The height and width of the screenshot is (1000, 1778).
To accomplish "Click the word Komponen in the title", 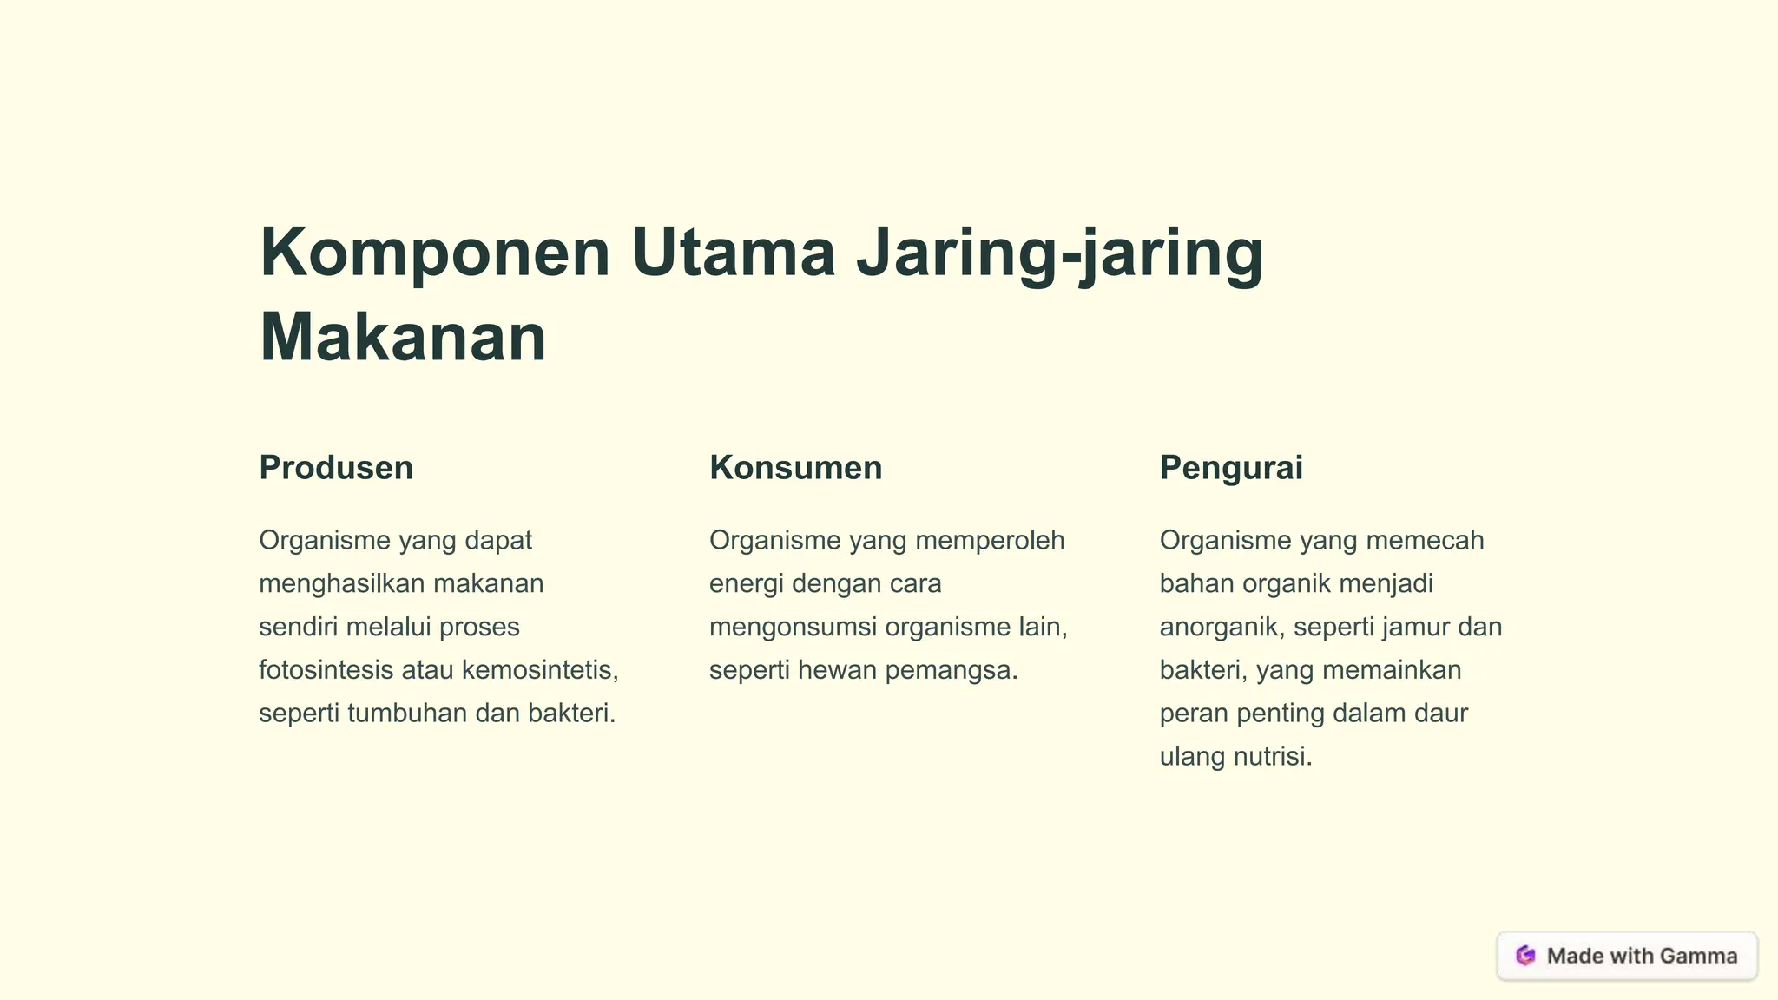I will (x=435, y=253).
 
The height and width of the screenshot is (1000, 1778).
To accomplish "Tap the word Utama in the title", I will (x=734, y=253).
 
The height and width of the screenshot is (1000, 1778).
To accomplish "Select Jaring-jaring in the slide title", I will (x=1059, y=253).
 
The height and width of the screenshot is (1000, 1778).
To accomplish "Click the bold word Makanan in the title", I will (x=403, y=338).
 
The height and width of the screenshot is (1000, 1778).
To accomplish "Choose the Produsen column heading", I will (x=336, y=468).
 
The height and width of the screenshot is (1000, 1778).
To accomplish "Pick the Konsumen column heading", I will (x=795, y=468).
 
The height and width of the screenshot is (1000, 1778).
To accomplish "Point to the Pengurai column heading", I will (x=1231, y=468).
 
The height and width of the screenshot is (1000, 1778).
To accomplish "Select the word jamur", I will (x=1413, y=627).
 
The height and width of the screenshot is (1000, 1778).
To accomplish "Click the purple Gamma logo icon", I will (x=1525, y=956).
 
